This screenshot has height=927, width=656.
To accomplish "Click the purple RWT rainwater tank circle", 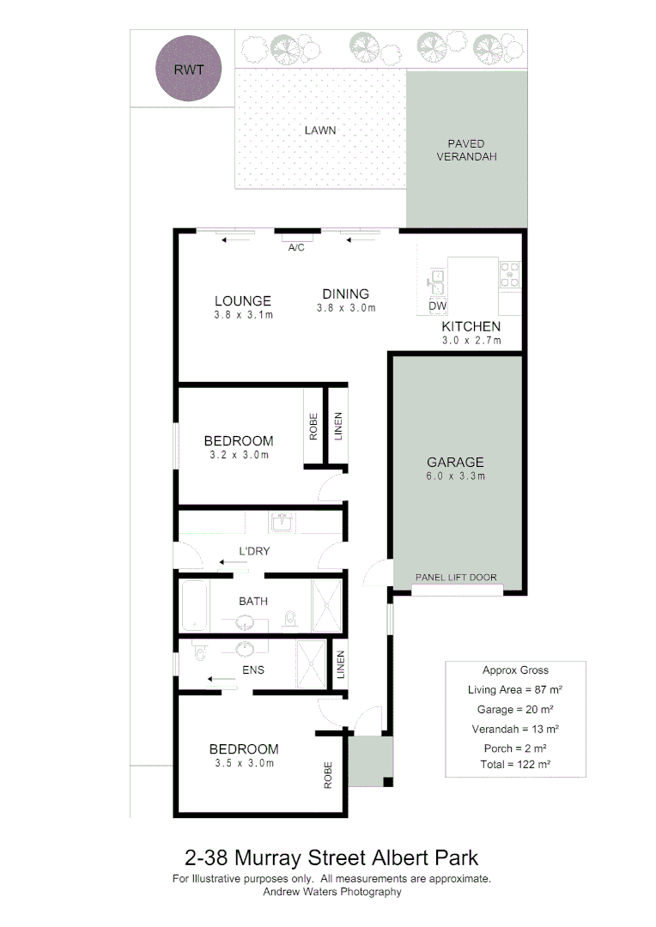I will click(x=189, y=70).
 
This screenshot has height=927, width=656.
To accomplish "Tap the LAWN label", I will click(x=319, y=130).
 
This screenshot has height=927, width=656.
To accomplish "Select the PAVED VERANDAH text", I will click(x=466, y=150).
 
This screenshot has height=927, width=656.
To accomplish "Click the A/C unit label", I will click(x=296, y=247).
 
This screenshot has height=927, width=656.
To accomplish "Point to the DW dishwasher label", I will click(x=437, y=306).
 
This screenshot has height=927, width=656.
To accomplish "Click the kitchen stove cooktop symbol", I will click(x=509, y=274).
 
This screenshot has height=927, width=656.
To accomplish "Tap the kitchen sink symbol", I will click(x=436, y=279).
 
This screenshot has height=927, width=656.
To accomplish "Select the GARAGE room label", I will click(x=456, y=461).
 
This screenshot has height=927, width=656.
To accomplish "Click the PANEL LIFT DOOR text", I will click(x=456, y=578).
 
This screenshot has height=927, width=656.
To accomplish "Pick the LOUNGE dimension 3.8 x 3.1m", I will click(x=243, y=315).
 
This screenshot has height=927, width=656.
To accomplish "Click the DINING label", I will click(x=346, y=294).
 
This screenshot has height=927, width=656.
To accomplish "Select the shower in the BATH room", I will click(x=326, y=606).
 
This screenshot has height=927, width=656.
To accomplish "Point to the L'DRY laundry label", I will click(x=254, y=551).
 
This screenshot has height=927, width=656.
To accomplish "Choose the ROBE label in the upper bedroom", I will click(x=313, y=427).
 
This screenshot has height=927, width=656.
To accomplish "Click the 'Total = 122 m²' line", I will click(x=515, y=763).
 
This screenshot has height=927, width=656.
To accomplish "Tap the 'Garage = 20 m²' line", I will click(x=515, y=710).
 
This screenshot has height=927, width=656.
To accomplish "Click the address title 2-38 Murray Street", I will click(x=331, y=857).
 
